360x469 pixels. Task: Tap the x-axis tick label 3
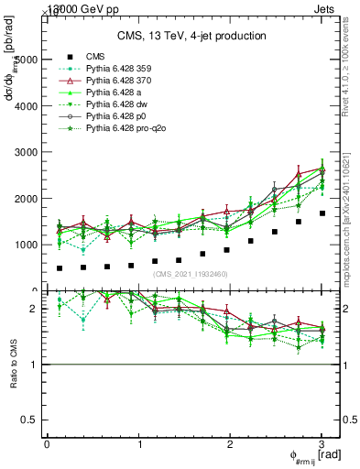coord(322,444)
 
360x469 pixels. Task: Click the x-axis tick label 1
coord(139,444)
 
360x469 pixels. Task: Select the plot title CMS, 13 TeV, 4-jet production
coord(191,36)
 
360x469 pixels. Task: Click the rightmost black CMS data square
coord(322,213)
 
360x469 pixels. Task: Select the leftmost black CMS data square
coord(60,268)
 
